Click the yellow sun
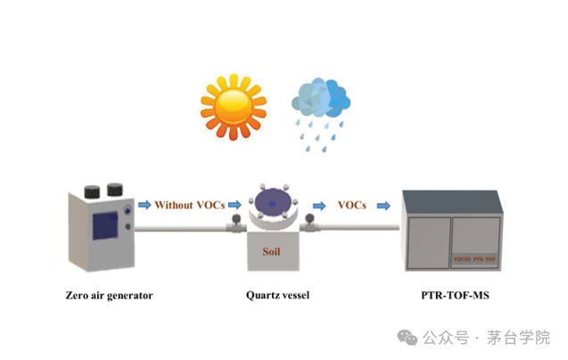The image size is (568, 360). (x=234, y=105)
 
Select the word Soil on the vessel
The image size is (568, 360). (x=271, y=251)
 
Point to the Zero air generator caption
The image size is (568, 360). (x=110, y=295)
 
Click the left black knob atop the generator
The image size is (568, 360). (x=91, y=189)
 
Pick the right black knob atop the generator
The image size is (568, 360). (x=114, y=188)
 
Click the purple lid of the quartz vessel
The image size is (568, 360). (x=271, y=204)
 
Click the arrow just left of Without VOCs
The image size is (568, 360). (x=144, y=205)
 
